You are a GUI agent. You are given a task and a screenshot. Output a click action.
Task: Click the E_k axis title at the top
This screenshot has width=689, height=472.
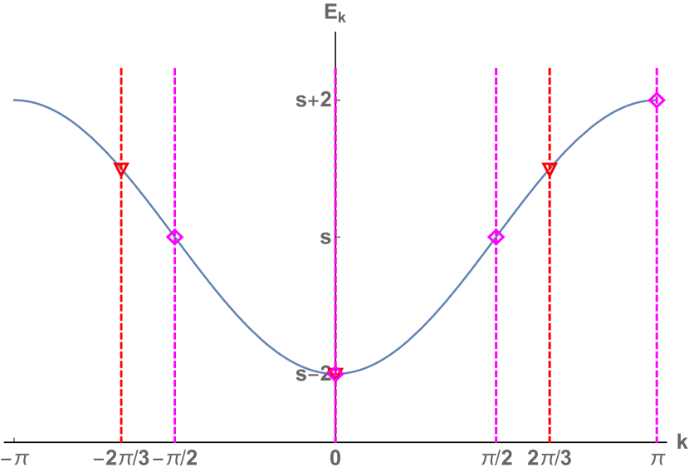click(335, 14)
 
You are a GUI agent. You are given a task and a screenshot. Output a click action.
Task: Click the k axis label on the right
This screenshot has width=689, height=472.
click(682, 442)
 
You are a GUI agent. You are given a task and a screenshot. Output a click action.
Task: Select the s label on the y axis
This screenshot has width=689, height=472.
click(325, 238)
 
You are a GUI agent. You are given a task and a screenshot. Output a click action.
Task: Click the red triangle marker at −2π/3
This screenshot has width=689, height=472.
click(121, 170)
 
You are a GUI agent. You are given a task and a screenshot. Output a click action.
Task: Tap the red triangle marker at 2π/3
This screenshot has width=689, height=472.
click(550, 170)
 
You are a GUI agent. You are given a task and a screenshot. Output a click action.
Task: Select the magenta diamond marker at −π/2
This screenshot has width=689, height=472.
click(174, 238)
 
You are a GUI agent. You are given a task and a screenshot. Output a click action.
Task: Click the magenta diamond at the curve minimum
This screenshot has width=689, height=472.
click(335, 374)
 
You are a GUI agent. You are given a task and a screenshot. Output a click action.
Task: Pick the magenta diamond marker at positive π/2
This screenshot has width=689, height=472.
click(496, 238)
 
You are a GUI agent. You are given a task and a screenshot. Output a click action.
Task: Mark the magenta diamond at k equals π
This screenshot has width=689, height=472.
click(657, 101)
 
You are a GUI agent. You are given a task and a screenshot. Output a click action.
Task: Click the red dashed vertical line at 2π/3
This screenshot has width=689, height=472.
click(550, 316)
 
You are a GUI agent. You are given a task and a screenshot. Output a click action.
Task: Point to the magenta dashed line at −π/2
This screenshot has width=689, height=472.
click(174, 332)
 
